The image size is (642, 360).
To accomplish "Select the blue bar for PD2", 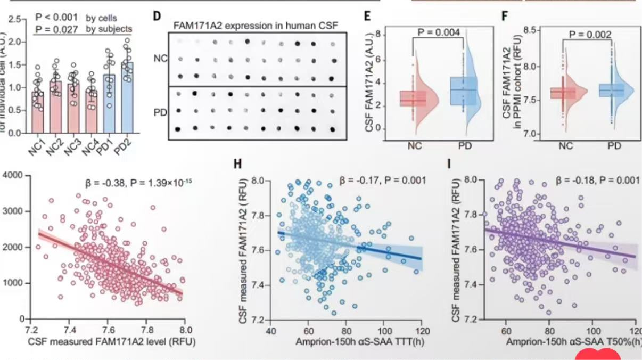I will (127, 99).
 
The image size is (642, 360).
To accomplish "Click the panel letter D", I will (157, 15).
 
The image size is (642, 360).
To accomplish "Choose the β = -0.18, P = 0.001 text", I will (597, 181).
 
